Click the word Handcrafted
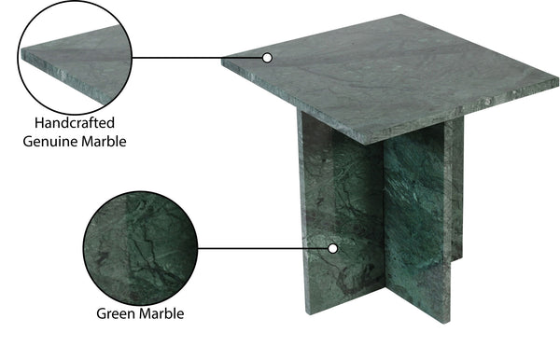pos(75,123)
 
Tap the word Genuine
pos(50,142)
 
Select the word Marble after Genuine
pos(104,142)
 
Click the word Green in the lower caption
pos(116,313)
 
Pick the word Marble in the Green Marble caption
pos(161,313)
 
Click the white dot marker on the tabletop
pos(267,58)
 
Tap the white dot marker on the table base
pos(333,249)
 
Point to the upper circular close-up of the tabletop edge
pos(75,57)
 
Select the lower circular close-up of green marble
pos(140,248)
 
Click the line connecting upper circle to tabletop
pos(198,58)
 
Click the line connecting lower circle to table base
pos(263,248)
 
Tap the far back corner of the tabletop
pos(400,15)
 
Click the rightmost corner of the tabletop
pos(557,79)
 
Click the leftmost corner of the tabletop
pos(222,61)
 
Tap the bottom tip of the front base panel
pos(444,323)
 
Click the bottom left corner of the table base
pos(307,313)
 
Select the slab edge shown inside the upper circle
pos(63,76)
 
